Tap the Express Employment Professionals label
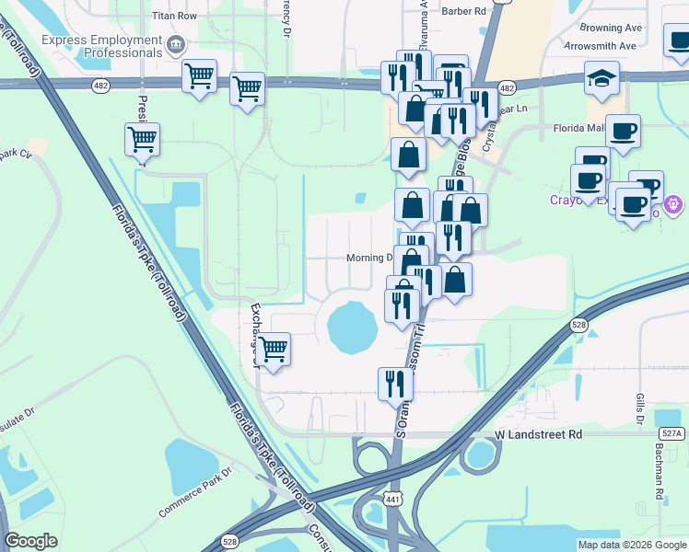point(101,47)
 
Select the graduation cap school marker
point(601,80)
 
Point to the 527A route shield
point(672,433)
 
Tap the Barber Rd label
point(463,11)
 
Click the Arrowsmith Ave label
point(601,45)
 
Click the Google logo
point(31,541)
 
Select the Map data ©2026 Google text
point(632,545)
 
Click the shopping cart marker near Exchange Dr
point(273,351)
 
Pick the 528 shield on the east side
point(578,325)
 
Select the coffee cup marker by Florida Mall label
point(623,132)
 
